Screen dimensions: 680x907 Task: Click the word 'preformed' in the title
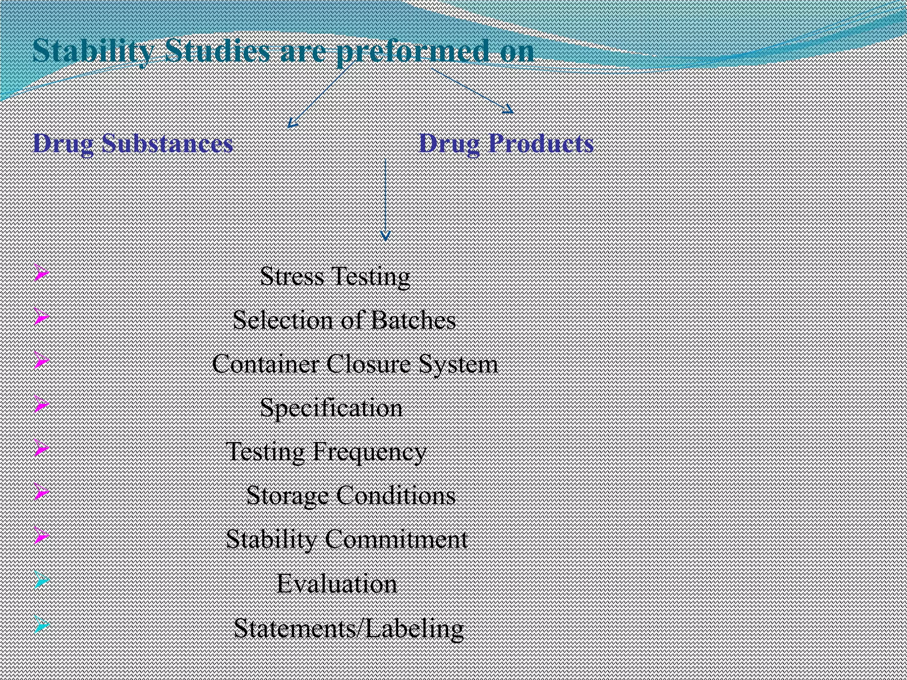coord(413,51)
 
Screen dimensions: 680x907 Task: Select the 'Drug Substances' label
coord(133,143)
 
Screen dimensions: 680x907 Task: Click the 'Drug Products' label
coord(506,143)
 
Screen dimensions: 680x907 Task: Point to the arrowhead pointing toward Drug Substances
coord(291,124)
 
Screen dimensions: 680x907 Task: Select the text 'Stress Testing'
coord(335,276)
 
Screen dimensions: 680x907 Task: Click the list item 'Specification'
coord(331,408)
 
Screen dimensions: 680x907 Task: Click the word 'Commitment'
coord(396,539)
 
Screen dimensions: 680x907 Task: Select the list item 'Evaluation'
coord(337,583)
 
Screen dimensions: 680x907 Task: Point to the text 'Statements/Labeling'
coord(348,628)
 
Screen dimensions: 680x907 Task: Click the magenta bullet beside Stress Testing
coord(41,273)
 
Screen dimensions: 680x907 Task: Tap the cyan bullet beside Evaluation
coord(41,580)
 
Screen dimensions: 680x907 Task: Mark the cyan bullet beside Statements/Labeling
coord(41,625)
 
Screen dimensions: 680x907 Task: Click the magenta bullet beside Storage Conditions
coord(41,492)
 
